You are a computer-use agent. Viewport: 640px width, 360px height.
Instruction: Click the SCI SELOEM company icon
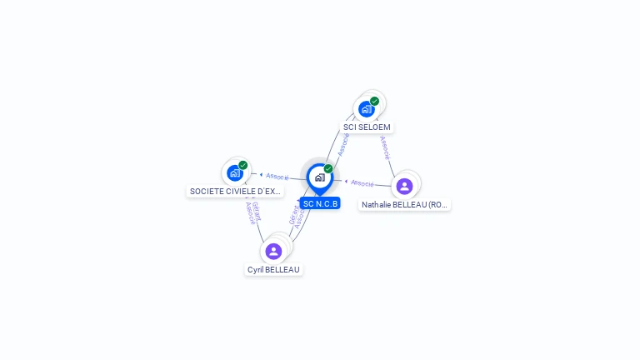366,108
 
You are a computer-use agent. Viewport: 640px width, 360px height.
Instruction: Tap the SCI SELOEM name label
367,127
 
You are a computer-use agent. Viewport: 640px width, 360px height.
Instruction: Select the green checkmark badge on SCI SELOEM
375,101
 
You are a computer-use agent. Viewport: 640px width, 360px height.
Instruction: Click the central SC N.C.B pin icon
319,177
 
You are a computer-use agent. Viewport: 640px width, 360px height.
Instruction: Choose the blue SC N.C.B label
320,203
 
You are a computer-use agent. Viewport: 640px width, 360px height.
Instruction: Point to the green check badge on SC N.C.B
328,168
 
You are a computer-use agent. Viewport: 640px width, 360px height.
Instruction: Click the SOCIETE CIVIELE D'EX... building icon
235,173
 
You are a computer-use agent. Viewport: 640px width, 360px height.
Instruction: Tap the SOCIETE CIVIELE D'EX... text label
236,191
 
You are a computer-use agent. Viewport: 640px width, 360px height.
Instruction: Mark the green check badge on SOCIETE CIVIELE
243,165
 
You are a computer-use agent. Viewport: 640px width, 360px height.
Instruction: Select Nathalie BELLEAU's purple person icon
405,186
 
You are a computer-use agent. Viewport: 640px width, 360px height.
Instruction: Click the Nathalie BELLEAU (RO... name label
405,204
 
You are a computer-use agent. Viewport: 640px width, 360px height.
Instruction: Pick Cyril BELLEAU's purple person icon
273,251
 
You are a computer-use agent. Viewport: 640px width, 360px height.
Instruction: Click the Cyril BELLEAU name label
273,269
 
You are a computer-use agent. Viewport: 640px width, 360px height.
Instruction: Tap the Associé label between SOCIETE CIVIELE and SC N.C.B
277,177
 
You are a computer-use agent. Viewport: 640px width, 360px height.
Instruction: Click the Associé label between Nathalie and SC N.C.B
362,182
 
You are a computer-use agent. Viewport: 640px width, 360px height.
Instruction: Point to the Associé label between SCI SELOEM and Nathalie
384,147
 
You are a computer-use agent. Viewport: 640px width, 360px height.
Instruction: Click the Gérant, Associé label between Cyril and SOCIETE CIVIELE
252,213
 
